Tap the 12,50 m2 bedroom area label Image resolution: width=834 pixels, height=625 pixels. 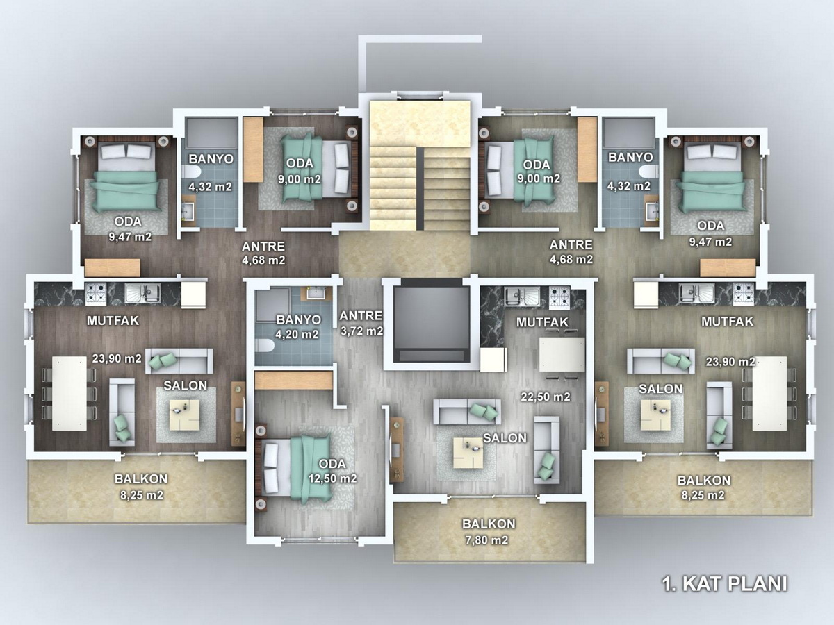pyautogui.click(x=332, y=478)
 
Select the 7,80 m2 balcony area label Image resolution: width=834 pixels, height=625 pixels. pyautogui.click(x=486, y=540)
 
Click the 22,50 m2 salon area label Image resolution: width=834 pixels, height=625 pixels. pyautogui.click(x=546, y=397)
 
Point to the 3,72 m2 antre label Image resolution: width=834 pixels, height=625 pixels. pyautogui.click(x=361, y=331)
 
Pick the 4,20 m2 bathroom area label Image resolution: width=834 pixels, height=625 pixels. pyautogui.click(x=297, y=334)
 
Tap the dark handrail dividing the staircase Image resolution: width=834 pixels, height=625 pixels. pyautogui.click(x=420, y=189)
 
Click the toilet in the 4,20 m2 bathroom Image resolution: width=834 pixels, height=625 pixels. pyautogui.click(x=265, y=347)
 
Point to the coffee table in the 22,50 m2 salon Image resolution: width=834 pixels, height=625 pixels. pyautogui.click(x=469, y=452)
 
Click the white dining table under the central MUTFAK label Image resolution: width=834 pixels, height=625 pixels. pyautogui.click(x=562, y=355)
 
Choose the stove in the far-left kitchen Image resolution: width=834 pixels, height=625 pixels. pyautogui.click(x=96, y=293)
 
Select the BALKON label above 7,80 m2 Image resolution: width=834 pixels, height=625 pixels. pyautogui.click(x=489, y=524)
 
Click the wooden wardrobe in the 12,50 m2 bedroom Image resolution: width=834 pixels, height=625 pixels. pyautogui.click(x=294, y=381)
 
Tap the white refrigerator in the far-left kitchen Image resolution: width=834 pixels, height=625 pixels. pyautogui.click(x=193, y=294)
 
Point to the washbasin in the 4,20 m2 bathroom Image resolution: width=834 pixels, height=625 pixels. pyautogui.click(x=316, y=293)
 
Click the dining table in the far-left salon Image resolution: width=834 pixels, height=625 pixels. pyautogui.click(x=69, y=393)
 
